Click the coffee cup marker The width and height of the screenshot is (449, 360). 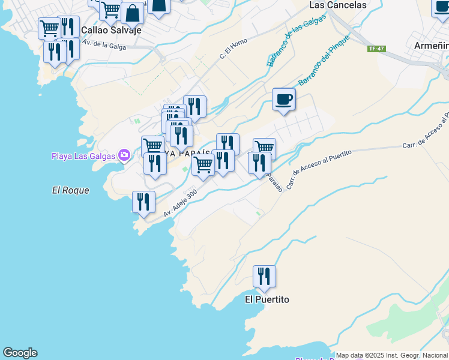pyautogui.click(x=283, y=100)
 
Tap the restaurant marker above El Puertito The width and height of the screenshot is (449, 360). pyautogui.click(x=264, y=277)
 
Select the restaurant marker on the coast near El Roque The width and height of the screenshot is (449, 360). pyautogui.click(x=143, y=202)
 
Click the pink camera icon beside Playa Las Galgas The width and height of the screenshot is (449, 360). pyautogui.click(x=124, y=156)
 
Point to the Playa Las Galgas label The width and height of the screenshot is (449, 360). pyautogui.click(x=84, y=157)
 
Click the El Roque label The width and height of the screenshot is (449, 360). pyautogui.click(x=70, y=190)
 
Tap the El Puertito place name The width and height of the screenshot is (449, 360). pyautogui.click(x=267, y=299)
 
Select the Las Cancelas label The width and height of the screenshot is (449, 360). pyautogui.click(x=337, y=5)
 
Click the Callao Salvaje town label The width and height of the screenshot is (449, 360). pyautogui.click(x=111, y=29)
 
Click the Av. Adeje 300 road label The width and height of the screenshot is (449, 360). pyautogui.click(x=180, y=203)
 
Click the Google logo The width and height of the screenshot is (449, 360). pyautogui.click(x=20, y=353)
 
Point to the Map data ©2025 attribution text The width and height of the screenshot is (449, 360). pyautogui.click(x=391, y=355)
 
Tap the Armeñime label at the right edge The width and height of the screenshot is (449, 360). pyautogui.click(x=432, y=45)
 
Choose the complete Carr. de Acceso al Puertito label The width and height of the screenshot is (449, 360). pyautogui.click(x=318, y=168)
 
